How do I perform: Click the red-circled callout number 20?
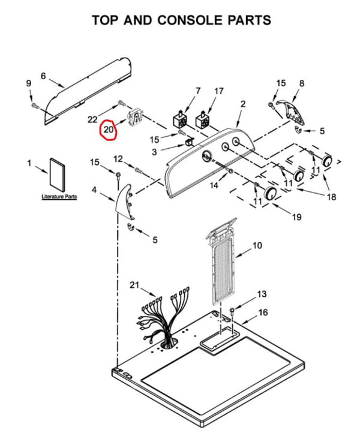coord(109,130)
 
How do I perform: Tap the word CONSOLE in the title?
coord(190,20)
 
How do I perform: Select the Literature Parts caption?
coord(59,197)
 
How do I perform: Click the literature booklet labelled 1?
coord(57,175)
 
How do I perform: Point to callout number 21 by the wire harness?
coord(134,285)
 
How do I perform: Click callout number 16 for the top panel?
coord(263,312)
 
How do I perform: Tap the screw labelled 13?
coord(232,311)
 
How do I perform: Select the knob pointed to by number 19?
coord(270,194)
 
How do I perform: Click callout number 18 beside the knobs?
coord(331,197)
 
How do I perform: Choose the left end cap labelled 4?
coord(125,202)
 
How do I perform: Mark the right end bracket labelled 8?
coord(291,112)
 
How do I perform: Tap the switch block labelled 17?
coord(202,120)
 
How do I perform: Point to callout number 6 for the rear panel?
coord(43,76)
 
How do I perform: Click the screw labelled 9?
coord(35,106)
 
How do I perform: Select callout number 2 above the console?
coord(243,104)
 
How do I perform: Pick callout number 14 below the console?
coord(214,185)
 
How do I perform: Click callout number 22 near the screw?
coord(92,119)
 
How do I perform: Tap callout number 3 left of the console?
coord(154,152)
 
